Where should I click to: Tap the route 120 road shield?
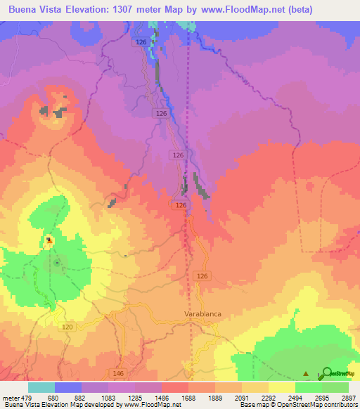click(x=67, y=327)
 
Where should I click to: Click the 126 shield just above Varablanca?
click(x=203, y=275)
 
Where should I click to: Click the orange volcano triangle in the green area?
click(x=49, y=240)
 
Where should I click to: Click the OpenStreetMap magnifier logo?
click(x=327, y=374)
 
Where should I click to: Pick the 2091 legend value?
click(x=255, y=398)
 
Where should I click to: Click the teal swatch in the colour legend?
click(x=41, y=387)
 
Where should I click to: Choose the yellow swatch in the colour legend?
click(x=281, y=387)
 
